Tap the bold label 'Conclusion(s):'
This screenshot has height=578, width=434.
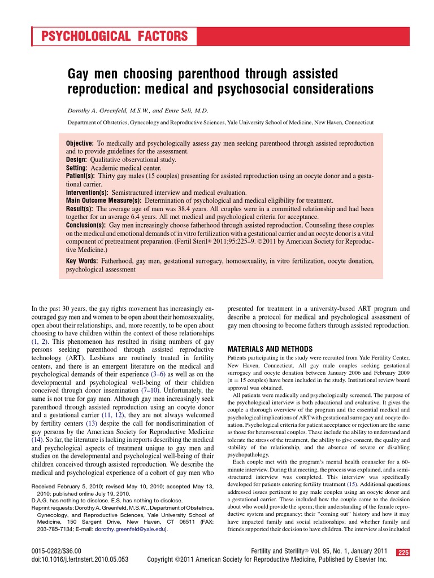(86, 225)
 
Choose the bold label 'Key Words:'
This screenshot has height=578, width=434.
(83, 261)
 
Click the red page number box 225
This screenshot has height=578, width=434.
(403, 552)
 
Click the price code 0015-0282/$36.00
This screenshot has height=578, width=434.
(57, 550)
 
